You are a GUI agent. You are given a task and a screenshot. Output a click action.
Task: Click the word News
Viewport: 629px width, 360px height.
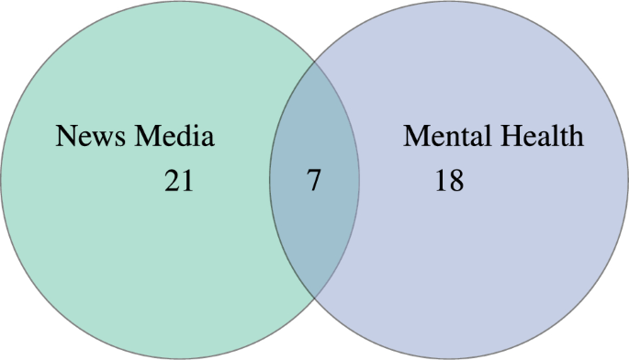point(92,137)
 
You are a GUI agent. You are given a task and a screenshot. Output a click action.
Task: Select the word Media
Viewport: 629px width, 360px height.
point(174,137)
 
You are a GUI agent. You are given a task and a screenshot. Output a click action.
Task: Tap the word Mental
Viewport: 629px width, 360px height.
point(446,137)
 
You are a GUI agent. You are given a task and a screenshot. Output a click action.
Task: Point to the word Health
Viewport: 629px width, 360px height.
point(542,137)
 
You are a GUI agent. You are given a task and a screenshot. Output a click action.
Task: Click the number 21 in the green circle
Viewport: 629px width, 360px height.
point(179,181)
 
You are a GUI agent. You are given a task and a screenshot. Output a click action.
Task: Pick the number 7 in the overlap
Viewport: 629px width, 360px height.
point(314,181)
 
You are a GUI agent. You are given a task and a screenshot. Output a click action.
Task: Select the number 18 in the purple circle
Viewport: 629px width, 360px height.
point(449,181)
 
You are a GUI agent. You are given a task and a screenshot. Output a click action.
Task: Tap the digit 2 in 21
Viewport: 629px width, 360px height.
point(173,181)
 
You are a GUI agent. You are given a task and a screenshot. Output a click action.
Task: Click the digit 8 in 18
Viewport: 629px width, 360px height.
point(455,181)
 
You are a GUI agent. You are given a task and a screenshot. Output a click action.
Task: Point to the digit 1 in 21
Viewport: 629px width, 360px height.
point(186,181)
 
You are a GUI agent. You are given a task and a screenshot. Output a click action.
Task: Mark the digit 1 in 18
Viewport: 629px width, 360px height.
point(442,181)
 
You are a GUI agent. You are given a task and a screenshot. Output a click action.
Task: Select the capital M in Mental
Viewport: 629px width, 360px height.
point(416,137)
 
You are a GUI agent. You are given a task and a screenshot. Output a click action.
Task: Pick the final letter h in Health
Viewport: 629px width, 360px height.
point(575,137)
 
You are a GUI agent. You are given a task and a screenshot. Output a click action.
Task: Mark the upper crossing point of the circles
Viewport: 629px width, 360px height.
point(314,63)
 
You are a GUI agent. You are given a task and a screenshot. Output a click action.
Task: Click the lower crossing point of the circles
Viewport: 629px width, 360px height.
point(314,298)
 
